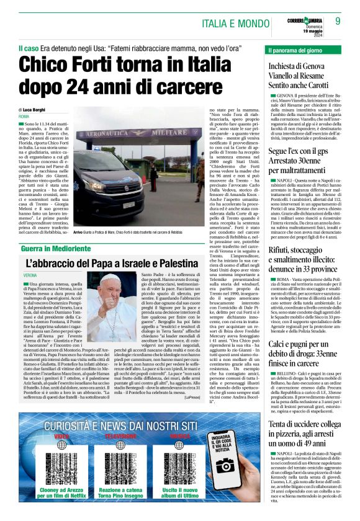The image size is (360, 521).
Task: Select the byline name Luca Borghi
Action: [36, 109]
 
